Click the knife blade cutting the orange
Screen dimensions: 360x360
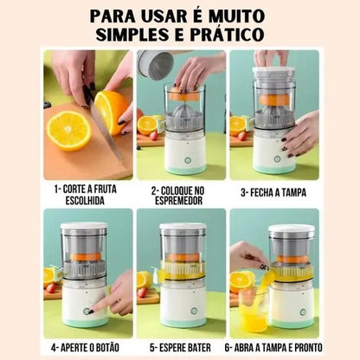(100, 121)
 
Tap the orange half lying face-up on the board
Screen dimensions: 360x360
(68, 130)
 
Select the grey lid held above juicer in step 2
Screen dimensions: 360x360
(156, 64)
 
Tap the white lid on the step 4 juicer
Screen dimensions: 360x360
(84, 227)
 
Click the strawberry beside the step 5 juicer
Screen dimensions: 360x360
(143, 292)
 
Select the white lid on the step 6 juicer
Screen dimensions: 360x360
(291, 229)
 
